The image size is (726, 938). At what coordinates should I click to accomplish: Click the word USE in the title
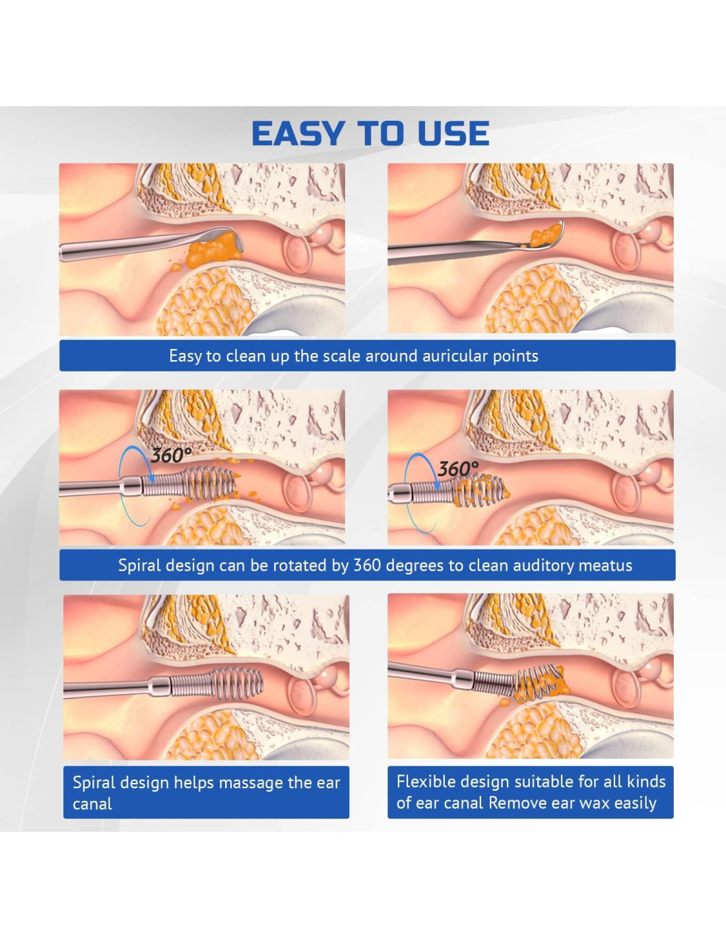[453, 133]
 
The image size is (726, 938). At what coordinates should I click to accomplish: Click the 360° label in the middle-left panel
[170, 455]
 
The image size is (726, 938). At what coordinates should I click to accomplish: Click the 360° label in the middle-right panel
[458, 468]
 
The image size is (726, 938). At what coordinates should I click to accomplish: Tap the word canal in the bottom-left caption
[92, 804]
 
